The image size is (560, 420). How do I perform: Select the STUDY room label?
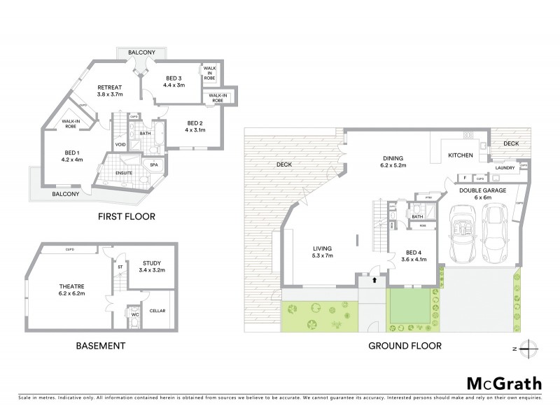coord(151,265)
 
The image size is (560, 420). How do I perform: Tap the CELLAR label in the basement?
coord(157,310)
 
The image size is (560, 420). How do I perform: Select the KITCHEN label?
coord(461,155)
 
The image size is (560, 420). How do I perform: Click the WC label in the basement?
coord(134,316)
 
